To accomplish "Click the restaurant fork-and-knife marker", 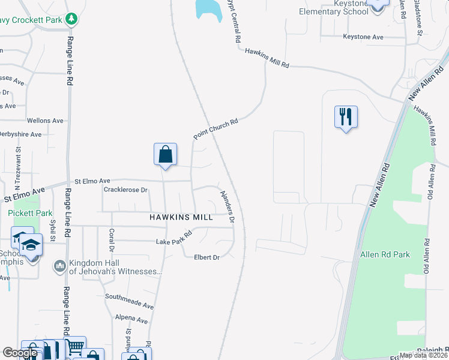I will [346, 116].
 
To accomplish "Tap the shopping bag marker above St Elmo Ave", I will [164, 154].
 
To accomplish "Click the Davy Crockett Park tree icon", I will [71, 19].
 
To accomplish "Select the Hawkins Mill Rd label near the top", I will [267, 59].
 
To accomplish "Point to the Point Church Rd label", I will [216, 129].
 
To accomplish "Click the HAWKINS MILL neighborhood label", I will [181, 217].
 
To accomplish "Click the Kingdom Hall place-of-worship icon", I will [59, 266].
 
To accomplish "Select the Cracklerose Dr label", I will [125, 190].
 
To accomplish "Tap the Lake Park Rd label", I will [173, 238].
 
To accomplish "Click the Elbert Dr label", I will [206, 257].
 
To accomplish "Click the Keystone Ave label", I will [363, 37].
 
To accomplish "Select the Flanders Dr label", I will [226, 208].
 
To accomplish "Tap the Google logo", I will [20, 353].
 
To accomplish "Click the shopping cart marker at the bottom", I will [75, 346].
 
